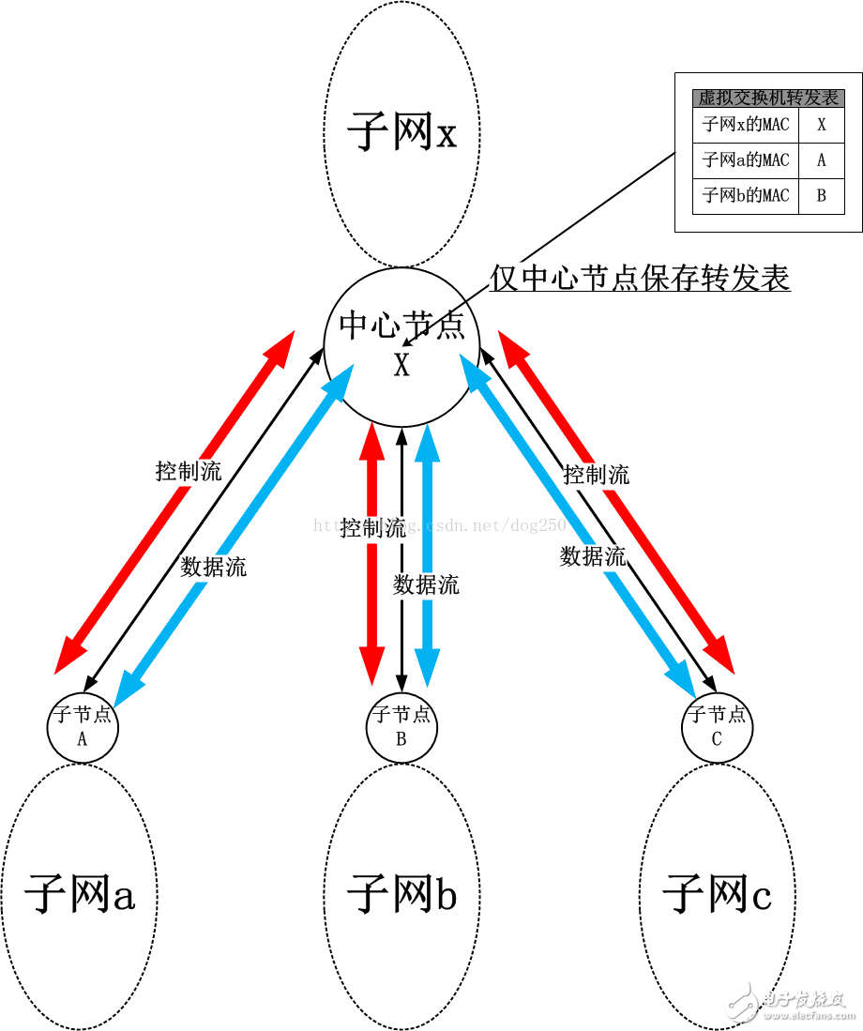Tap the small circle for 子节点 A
click(x=83, y=726)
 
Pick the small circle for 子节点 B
click(x=401, y=726)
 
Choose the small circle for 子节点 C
click(x=718, y=726)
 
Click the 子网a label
click(x=80, y=893)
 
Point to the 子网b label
click(x=401, y=893)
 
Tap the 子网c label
click(x=718, y=893)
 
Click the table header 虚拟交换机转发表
click(x=768, y=98)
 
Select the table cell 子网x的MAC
click(x=746, y=125)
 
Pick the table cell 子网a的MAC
click(x=746, y=160)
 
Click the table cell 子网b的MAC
click(x=746, y=196)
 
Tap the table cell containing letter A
click(x=822, y=160)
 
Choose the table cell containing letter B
click(x=822, y=196)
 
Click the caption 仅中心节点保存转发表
click(x=641, y=278)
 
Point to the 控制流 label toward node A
click(x=189, y=472)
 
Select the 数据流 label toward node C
click(x=593, y=556)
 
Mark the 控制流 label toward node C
click(x=597, y=476)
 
